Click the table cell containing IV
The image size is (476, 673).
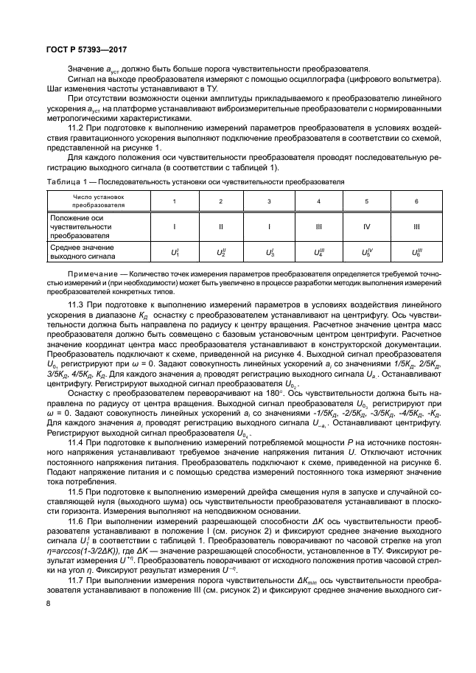click(x=366, y=227)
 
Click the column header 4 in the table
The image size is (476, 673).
click(x=318, y=201)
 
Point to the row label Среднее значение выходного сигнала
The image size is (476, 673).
click(x=82, y=253)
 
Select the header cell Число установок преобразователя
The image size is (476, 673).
click(x=99, y=201)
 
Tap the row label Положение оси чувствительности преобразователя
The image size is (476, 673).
click(x=82, y=227)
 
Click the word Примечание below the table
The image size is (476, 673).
click(x=88, y=274)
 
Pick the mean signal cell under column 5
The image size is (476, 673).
click(x=366, y=253)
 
